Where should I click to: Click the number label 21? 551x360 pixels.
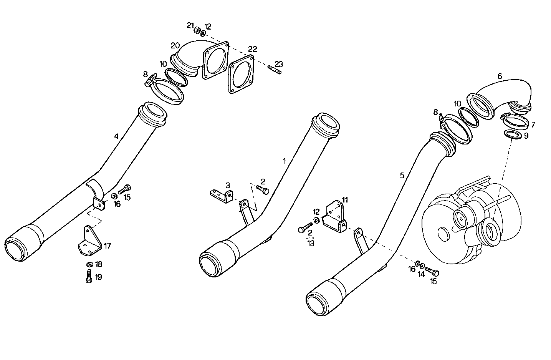(190, 25)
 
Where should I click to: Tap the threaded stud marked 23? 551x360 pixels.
(275, 70)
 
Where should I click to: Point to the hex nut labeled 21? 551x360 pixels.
(197, 30)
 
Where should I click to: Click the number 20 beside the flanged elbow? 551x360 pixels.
(175, 45)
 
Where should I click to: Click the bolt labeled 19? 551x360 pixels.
(89, 275)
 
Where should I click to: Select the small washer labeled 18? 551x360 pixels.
(89, 264)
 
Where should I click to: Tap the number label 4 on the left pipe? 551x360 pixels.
(116, 136)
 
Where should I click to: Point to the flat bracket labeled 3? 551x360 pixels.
(221, 194)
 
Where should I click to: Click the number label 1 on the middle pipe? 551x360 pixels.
(285, 161)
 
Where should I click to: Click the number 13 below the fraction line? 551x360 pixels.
(310, 244)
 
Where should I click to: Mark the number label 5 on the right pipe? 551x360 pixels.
(402, 176)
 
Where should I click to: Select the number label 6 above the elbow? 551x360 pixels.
(500, 76)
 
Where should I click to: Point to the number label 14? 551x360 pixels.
(422, 274)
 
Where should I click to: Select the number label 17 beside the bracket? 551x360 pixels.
(108, 246)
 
